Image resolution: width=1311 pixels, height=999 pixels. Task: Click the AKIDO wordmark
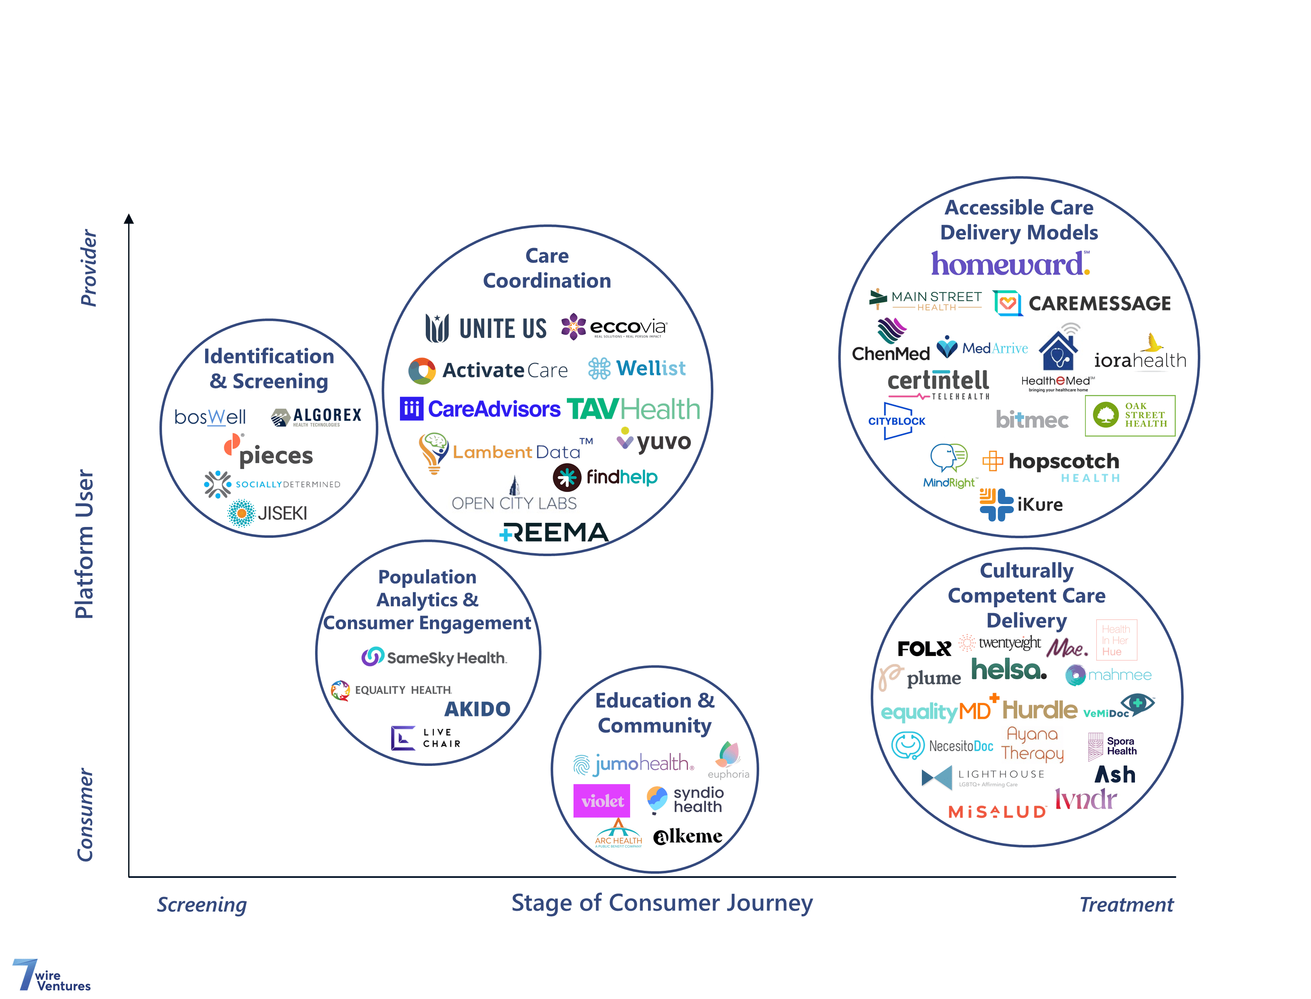(477, 709)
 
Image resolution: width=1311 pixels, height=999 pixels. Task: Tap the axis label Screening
(201, 905)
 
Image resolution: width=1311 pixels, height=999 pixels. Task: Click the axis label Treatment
(1126, 905)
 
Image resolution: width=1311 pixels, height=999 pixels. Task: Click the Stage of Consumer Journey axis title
(662, 903)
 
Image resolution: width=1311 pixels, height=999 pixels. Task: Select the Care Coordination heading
(546, 268)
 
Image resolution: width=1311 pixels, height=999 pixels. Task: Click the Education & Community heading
(655, 713)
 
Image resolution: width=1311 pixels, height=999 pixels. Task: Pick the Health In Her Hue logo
(1115, 640)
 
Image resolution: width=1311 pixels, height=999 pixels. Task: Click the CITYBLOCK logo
(896, 421)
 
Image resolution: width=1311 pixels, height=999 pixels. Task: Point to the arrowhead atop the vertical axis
(129, 219)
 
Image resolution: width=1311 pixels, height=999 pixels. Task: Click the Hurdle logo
(1039, 709)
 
